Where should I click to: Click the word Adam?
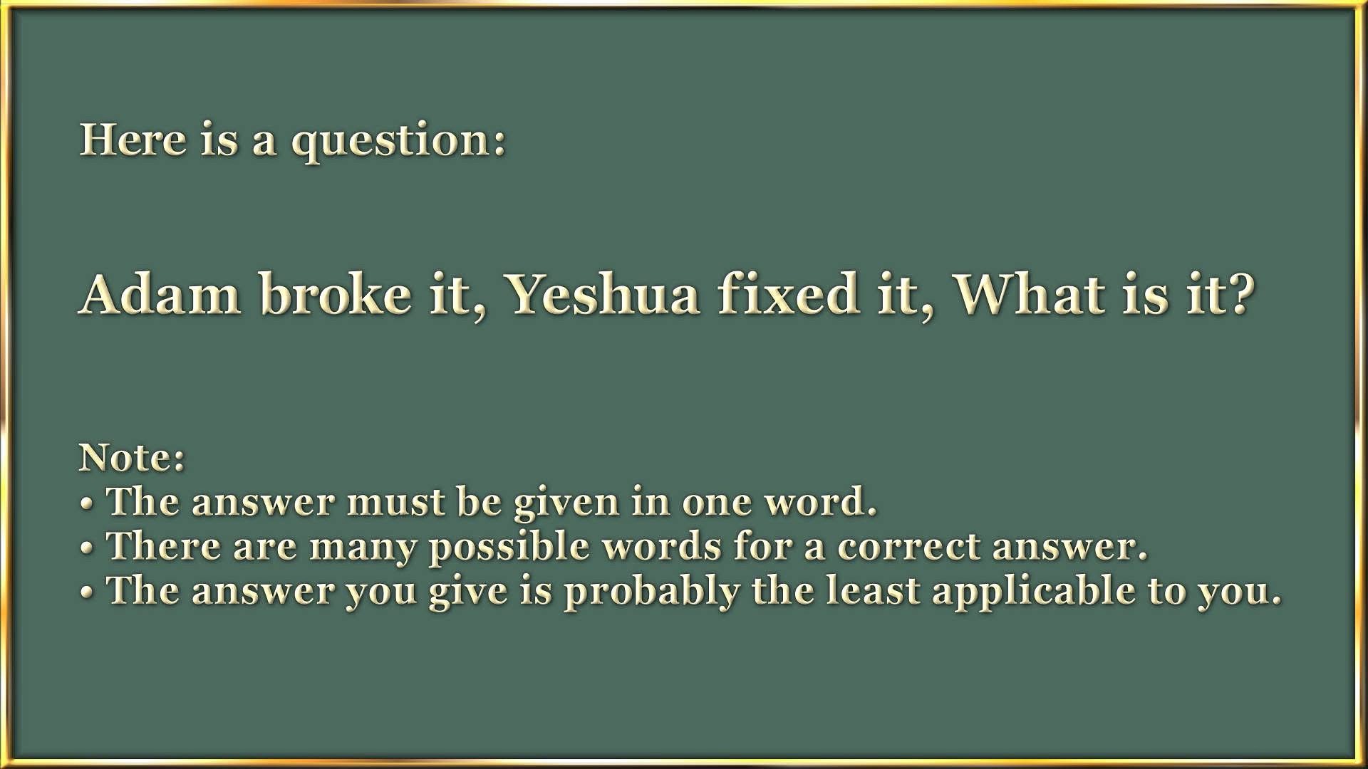click(x=160, y=293)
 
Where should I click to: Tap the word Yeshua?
click(x=602, y=293)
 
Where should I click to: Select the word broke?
click(x=336, y=293)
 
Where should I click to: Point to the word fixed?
click(x=788, y=293)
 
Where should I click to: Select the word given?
click(x=567, y=504)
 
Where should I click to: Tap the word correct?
click(x=909, y=547)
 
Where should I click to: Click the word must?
click(x=395, y=503)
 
